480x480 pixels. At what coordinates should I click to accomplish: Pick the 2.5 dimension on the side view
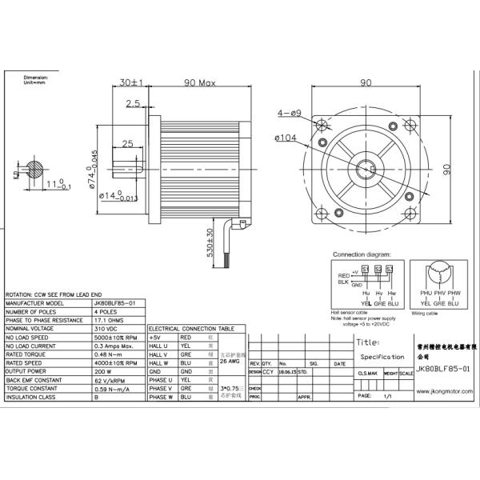(x=133, y=103)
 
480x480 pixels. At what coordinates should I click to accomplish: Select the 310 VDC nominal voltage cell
(x=106, y=329)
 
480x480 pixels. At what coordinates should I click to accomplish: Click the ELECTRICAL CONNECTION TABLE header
(x=191, y=329)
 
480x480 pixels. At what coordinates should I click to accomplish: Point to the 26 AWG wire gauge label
(x=230, y=362)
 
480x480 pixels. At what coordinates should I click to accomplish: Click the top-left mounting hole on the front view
(x=322, y=127)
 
